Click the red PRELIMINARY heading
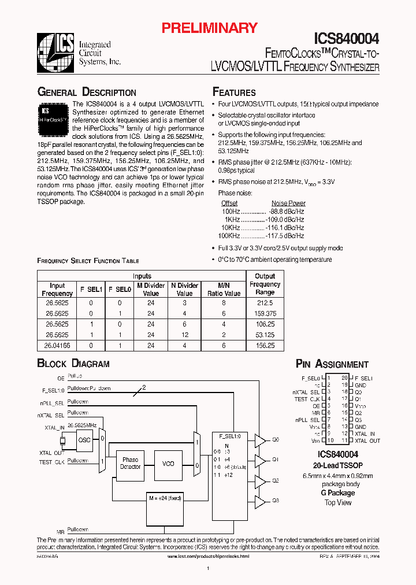(x=209, y=28)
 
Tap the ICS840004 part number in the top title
(x=346, y=39)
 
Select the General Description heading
(x=87, y=92)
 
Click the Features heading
(x=234, y=92)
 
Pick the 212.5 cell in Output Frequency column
(x=265, y=302)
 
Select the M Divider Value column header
(x=151, y=289)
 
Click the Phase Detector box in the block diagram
(x=130, y=464)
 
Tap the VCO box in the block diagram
(x=168, y=464)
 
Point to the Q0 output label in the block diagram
(x=276, y=440)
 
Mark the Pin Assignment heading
(x=332, y=364)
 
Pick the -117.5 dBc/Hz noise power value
(x=285, y=236)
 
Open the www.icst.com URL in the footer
(x=208, y=556)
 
